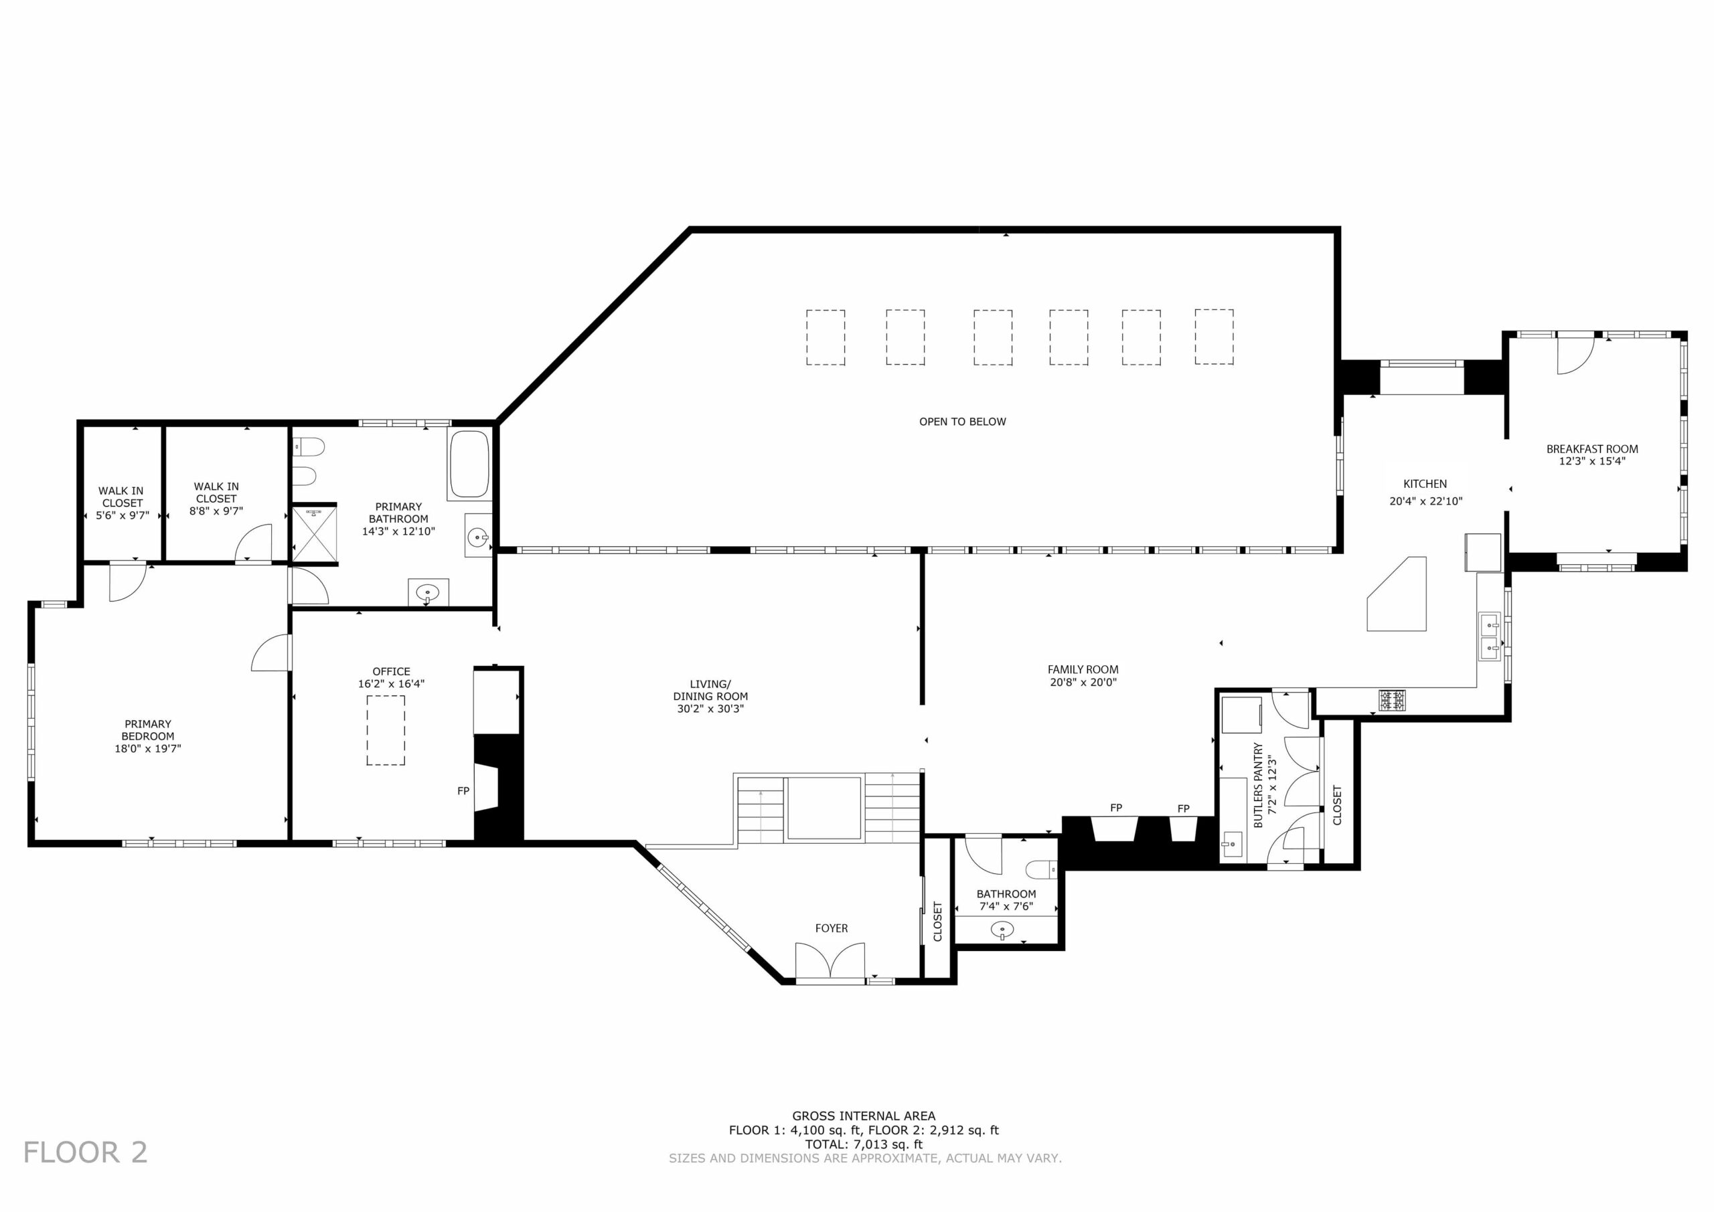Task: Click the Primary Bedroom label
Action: point(148,730)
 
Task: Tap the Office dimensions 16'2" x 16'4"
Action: point(391,683)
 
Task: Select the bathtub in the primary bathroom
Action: point(469,464)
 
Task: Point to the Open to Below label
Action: point(962,422)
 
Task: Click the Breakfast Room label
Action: point(1592,449)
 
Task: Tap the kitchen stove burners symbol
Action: point(1392,700)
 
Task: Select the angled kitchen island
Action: point(1397,594)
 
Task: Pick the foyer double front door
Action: point(830,961)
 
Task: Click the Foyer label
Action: point(832,928)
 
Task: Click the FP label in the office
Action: point(463,791)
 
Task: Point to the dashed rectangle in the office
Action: point(385,730)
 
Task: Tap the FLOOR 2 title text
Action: point(86,1152)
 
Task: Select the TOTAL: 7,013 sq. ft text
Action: point(864,1144)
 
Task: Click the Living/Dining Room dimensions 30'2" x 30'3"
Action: point(710,709)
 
